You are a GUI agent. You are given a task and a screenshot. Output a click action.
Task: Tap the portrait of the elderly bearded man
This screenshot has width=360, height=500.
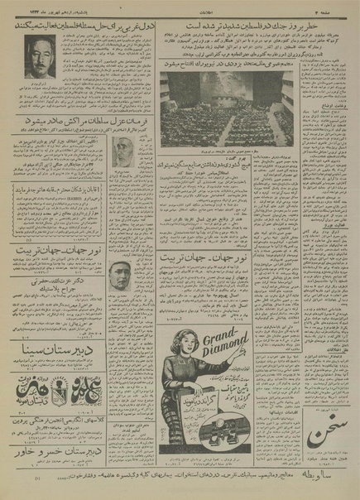(x=124, y=155)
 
